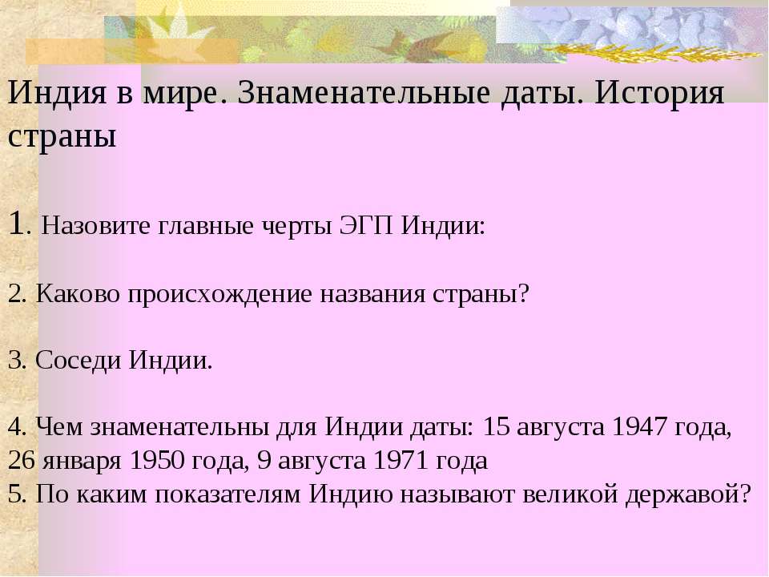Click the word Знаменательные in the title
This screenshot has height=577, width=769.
coord(364,92)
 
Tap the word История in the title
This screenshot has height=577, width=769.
coord(659,93)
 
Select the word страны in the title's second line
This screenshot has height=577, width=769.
coord(62,137)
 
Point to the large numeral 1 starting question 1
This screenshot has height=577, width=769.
coord(16,224)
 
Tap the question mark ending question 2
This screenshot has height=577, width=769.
coord(524,293)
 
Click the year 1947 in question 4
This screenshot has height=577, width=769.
coord(639,427)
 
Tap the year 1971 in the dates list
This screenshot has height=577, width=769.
coord(401,460)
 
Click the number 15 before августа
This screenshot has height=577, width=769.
coord(497,427)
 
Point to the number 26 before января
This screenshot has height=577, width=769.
coord(21,460)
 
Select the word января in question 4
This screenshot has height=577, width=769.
coord(82,462)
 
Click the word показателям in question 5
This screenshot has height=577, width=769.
coord(227,494)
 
